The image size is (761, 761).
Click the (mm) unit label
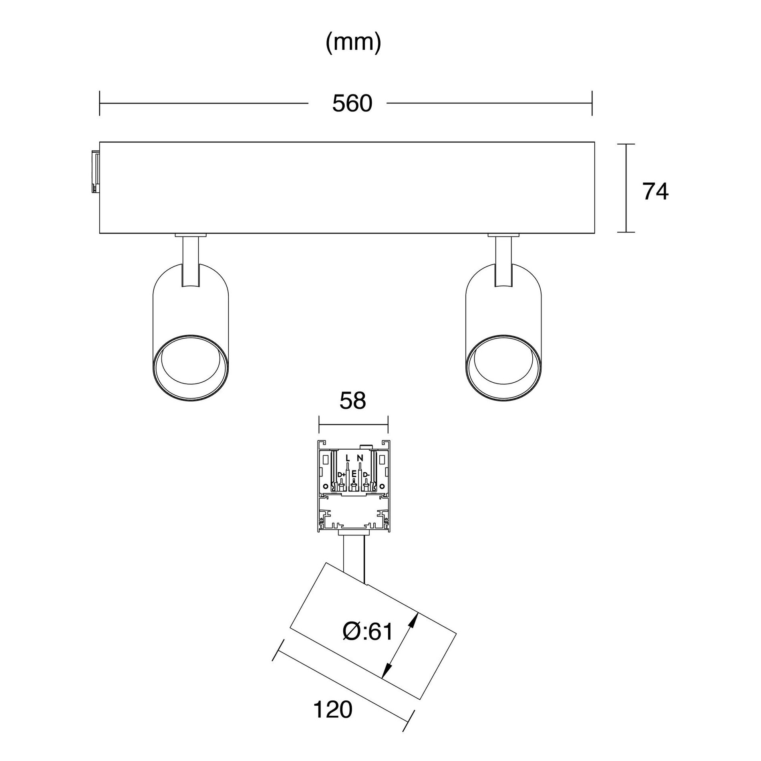[353, 43]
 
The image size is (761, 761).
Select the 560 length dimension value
[352, 103]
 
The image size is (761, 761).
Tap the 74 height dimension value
[656, 192]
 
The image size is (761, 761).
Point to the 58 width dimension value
[353, 401]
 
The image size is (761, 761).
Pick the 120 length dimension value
[332, 710]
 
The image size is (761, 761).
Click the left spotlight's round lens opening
[191, 367]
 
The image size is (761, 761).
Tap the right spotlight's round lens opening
[503, 367]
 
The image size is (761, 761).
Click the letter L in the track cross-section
[347, 458]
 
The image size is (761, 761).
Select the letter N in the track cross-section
[360, 458]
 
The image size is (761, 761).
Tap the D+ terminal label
[341, 475]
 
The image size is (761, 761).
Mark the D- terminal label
[366, 475]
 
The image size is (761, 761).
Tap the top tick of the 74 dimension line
[626, 144]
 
